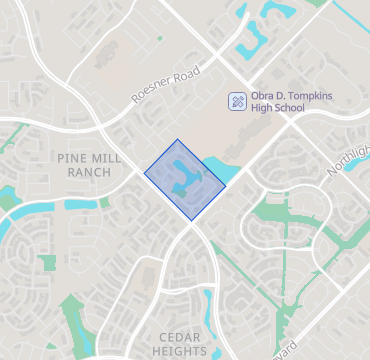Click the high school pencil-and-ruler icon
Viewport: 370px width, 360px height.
[x=238, y=101]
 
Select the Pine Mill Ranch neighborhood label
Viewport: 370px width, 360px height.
[x=89, y=165]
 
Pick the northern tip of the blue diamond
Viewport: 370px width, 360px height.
[x=177, y=140]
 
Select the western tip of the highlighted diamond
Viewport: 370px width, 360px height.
[x=145, y=174]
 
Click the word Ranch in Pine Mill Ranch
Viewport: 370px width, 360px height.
[x=89, y=172]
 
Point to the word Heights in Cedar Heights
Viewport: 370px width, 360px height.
[x=181, y=351]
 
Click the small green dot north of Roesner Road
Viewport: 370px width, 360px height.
[x=158, y=39]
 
